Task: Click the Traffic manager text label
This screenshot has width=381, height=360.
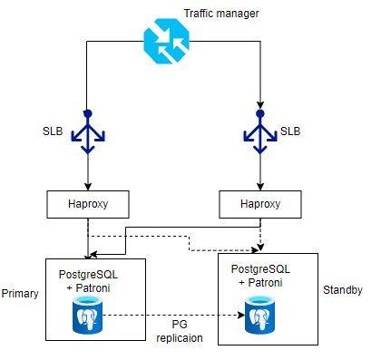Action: tap(221, 15)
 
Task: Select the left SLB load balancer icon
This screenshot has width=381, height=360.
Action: tap(88, 133)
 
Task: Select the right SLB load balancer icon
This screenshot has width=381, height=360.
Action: tap(260, 133)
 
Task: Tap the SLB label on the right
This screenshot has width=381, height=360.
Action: tap(290, 131)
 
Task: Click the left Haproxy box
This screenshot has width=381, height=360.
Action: tap(88, 204)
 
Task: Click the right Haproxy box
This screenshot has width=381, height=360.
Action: tap(260, 204)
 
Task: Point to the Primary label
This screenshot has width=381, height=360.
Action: tap(20, 295)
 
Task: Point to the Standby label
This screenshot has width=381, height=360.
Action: tap(343, 290)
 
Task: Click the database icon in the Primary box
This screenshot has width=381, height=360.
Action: tap(88, 316)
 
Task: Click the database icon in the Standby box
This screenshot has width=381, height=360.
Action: tap(260, 316)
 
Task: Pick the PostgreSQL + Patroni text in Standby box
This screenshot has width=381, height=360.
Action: tap(261, 276)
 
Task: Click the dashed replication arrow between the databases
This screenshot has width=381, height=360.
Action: tap(172, 316)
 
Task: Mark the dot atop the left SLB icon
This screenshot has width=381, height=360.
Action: tap(88, 113)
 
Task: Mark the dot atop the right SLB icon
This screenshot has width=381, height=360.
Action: tap(260, 113)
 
